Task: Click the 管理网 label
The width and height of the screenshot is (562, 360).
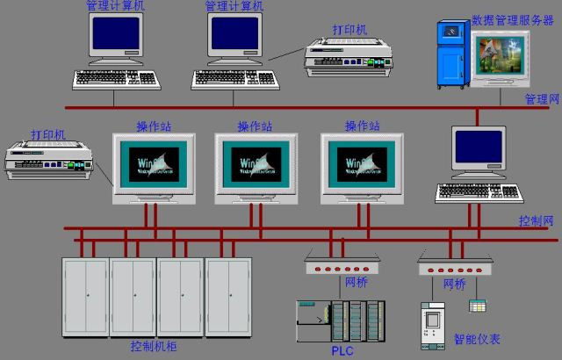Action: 541,98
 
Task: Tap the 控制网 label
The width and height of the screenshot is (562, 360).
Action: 536,220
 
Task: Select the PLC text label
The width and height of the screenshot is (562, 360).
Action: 342,350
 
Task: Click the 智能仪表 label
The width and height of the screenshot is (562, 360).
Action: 477,338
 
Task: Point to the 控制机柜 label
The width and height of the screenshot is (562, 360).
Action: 154,347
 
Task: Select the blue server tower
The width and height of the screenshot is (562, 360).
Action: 454,55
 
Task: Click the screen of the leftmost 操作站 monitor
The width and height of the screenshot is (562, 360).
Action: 152,164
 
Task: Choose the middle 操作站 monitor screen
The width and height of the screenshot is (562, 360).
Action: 255,164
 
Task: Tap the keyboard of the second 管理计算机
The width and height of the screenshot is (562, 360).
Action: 235,80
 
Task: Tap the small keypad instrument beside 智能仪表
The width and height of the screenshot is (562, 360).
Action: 478,306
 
